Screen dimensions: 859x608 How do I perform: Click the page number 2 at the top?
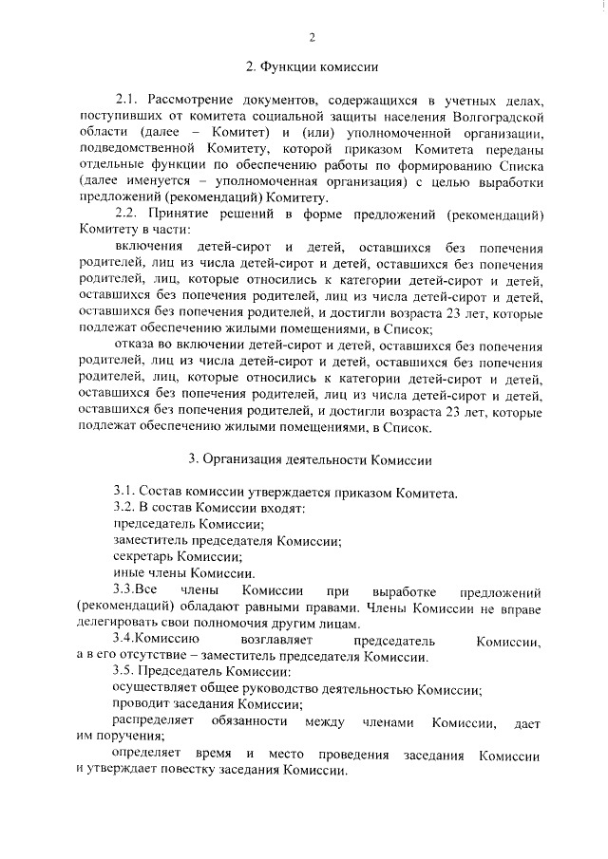311,37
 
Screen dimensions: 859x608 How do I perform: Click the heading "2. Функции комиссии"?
313,67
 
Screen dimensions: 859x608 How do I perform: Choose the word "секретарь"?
142,556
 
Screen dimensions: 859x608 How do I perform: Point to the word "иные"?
127,572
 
